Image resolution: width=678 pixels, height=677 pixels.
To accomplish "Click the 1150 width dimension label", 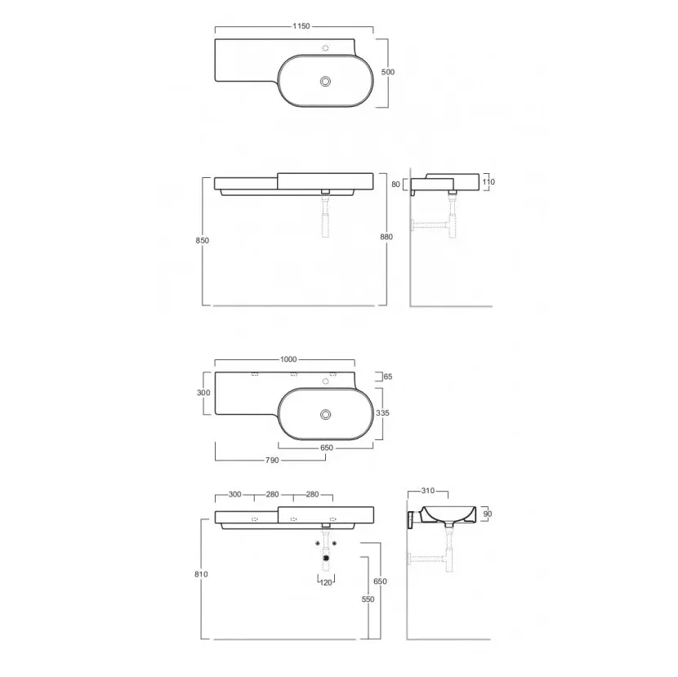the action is click(301, 26).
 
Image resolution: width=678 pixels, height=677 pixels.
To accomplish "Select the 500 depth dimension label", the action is click(388, 72).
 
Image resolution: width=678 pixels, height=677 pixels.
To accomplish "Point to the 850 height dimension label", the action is click(202, 240).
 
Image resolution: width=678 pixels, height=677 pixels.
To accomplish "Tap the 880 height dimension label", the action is click(386, 237).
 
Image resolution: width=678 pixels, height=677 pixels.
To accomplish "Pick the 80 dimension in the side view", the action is click(395, 185).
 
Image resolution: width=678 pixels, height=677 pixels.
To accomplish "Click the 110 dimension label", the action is click(488, 182).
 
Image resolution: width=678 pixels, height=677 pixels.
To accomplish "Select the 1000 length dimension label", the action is click(288, 359).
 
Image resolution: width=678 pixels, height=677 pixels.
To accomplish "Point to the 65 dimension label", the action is click(388, 376).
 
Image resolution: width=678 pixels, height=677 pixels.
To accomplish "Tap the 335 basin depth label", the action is click(382, 413).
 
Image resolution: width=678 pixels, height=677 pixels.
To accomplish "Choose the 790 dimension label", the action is click(272, 461).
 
